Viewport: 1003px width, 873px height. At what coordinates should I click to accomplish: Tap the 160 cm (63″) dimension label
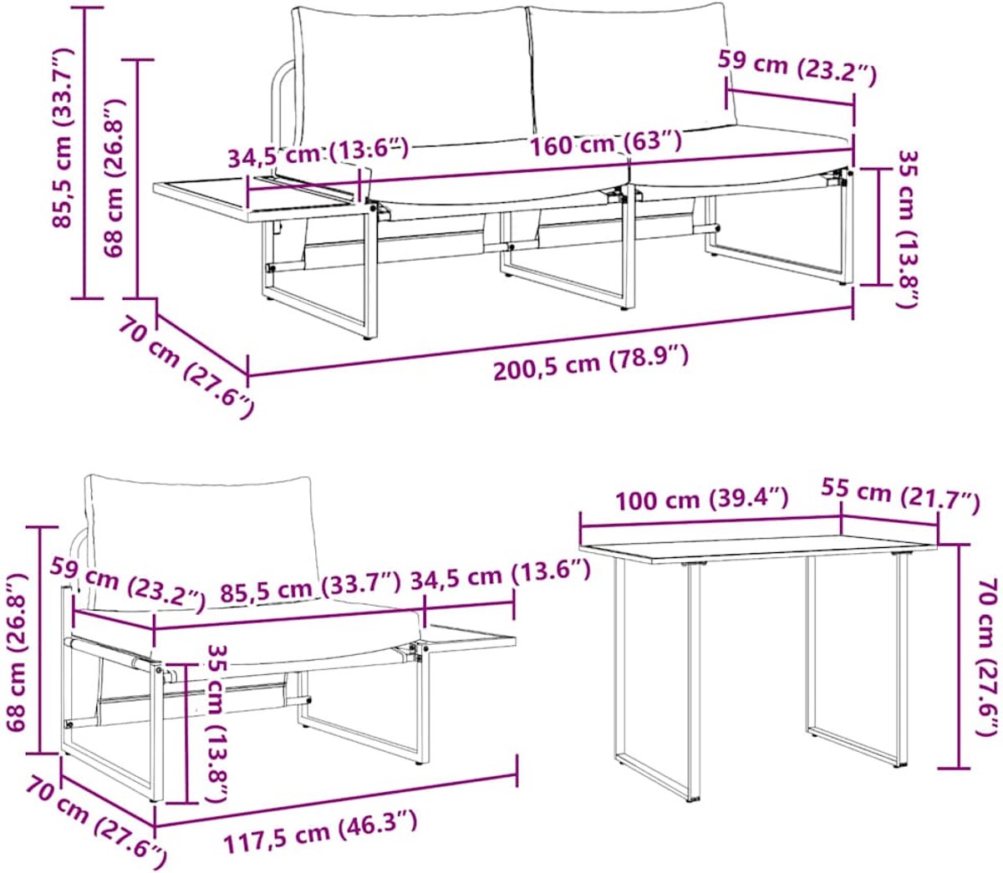tap(606, 143)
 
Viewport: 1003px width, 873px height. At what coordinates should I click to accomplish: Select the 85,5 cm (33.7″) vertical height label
tap(62, 137)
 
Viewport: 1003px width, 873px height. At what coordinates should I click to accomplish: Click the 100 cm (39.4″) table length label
tap(701, 499)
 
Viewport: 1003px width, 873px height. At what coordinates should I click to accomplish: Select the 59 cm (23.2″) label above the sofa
tap(797, 68)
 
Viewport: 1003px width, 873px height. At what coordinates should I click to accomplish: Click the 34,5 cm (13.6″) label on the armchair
tap(500, 578)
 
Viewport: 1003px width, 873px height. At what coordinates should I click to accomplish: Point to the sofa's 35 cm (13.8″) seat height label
tap(909, 229)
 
